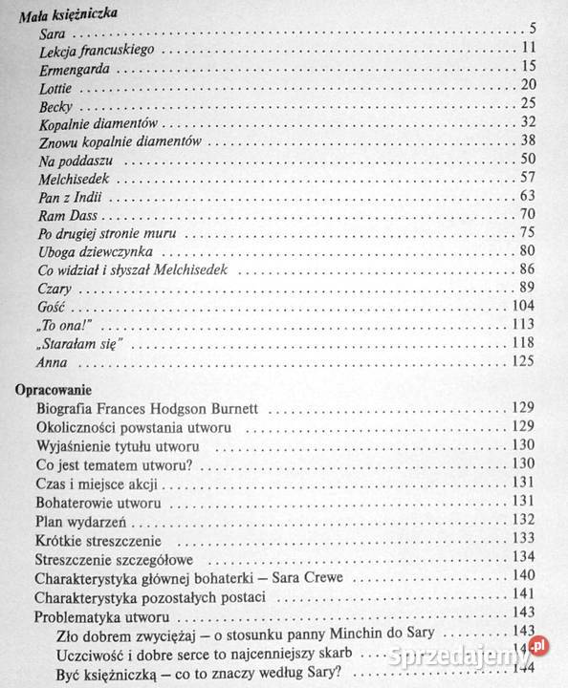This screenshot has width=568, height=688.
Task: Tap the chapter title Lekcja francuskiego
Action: point(103,50)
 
